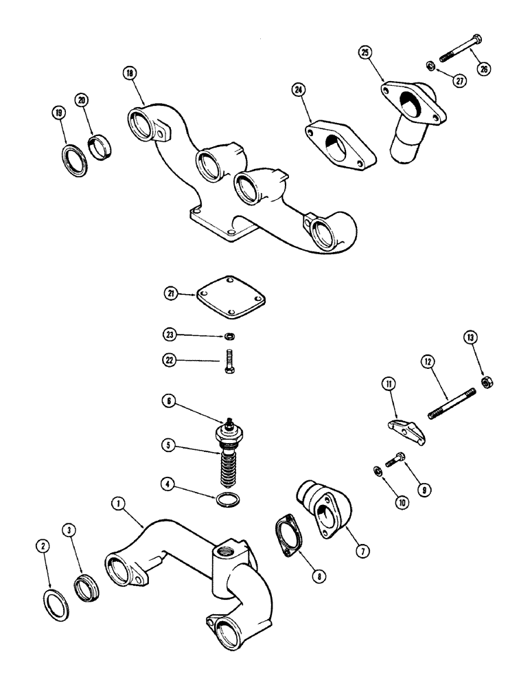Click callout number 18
(129, 74)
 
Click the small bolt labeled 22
(231, 363)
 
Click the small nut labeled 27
(429, 66)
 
